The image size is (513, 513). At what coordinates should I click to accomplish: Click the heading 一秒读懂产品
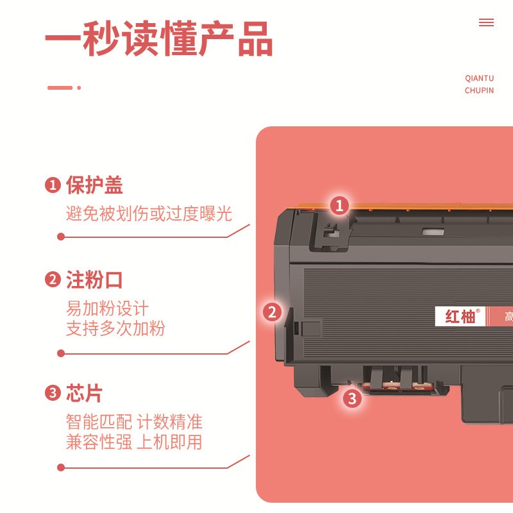coord(159,40)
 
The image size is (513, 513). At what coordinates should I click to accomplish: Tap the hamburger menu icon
coord(486,22)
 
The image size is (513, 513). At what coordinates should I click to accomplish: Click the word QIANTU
coord(479,78)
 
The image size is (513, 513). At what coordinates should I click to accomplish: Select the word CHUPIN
coord(479,90)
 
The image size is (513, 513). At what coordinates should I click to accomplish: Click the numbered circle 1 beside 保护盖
coord(53,185)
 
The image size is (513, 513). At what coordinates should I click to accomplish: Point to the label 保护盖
coord(94,185)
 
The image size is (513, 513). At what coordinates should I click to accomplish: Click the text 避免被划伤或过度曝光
coord(149,214)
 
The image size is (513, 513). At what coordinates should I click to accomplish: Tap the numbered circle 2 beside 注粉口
coord(53,280)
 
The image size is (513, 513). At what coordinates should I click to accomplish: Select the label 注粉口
coord(94,280)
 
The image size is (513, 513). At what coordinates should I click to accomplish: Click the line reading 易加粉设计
coord(107,308)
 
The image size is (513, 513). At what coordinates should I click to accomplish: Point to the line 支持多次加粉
coord(115,328)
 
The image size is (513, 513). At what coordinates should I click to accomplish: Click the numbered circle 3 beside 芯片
coord(53,393)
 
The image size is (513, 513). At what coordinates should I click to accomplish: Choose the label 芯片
coord(84,393)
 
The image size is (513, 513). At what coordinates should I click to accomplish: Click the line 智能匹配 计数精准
coord(134,422)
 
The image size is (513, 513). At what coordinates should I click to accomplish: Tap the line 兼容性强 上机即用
coord(134,442)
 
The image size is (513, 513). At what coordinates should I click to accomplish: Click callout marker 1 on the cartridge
coord(339,206)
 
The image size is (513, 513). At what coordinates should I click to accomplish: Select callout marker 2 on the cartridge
coord(273,312)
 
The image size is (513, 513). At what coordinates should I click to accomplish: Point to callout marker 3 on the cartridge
coord(351,399)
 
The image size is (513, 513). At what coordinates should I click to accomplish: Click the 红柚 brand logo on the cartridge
coord(460,316)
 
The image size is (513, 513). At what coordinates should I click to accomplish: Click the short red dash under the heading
coord(60,88)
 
